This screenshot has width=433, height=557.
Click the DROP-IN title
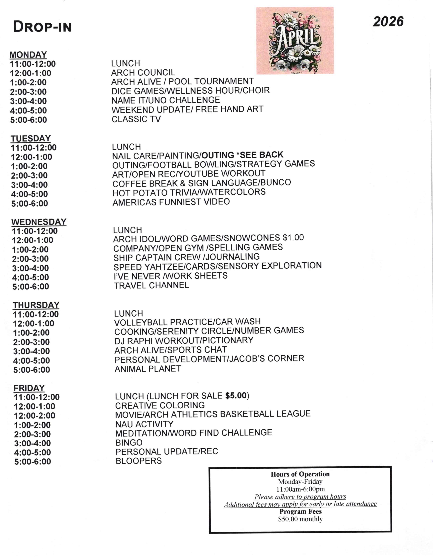42,27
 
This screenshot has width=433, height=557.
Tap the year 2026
388,22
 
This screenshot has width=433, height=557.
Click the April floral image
295,41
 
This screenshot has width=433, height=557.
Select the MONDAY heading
28,55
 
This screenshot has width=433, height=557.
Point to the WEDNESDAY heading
39,222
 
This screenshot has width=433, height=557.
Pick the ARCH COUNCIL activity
143,73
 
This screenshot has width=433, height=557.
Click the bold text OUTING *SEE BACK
242,155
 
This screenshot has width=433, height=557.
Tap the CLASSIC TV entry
136,119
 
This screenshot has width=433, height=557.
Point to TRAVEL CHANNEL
151,285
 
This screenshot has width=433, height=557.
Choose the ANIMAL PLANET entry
148,369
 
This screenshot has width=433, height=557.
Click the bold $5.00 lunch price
236,396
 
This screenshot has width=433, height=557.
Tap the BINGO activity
129,443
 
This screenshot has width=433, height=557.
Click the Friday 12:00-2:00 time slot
35,415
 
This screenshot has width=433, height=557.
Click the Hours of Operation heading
300,474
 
